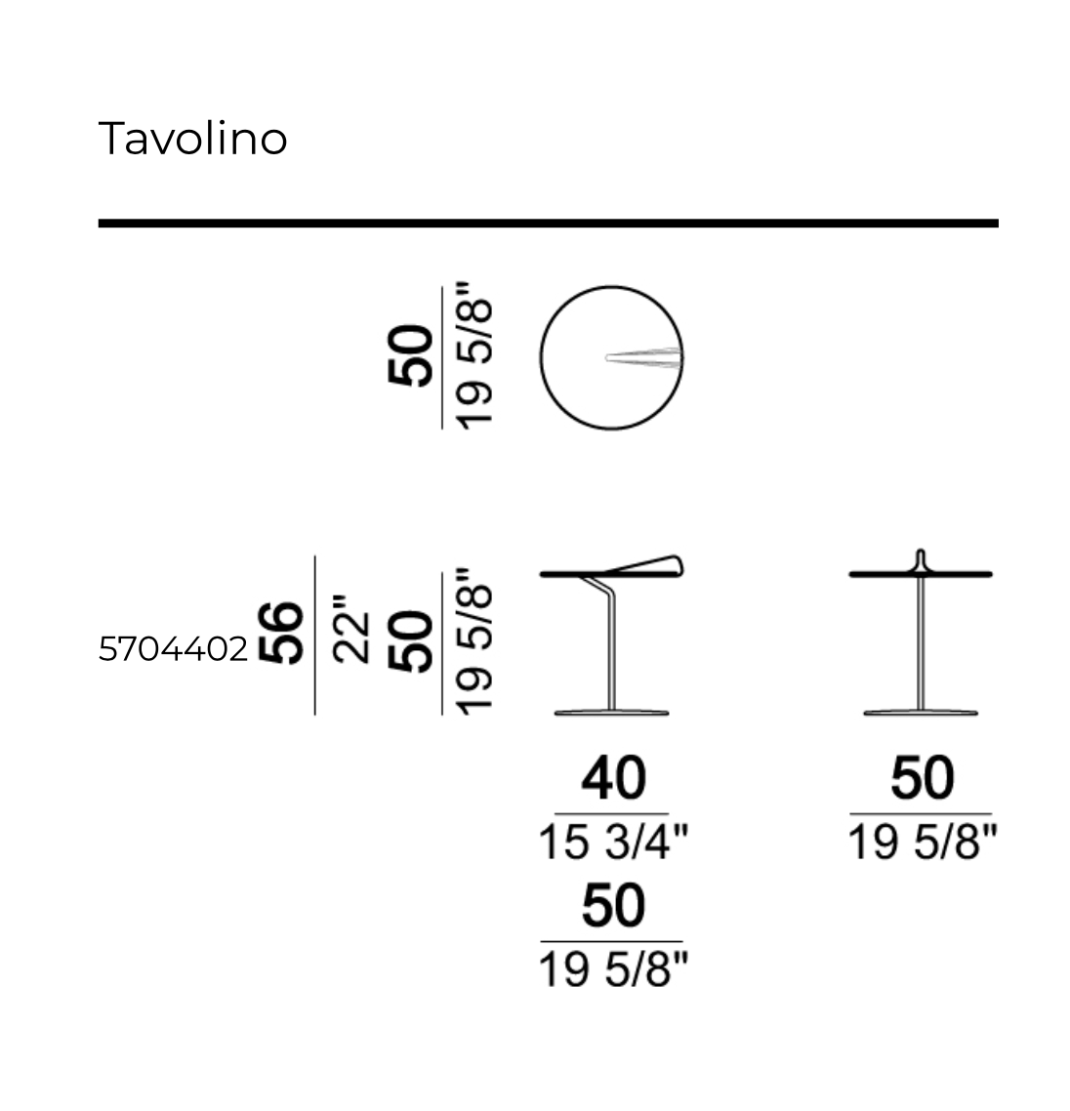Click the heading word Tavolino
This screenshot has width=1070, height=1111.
pos(192,139)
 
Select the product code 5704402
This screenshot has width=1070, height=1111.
pos(174,649)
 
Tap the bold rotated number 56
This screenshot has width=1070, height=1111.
pos(281,633)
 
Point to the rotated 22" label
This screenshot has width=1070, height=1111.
pos(351,629)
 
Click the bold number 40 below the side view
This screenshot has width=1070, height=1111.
pos(614,778)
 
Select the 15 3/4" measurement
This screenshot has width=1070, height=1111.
pos(614,842)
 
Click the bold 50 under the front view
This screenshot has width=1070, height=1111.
pos(923,778)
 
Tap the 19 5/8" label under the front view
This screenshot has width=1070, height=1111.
pos(923,842)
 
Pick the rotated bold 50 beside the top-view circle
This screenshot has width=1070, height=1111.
pos(410,355)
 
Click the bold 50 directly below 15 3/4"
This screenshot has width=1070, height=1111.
pos(614,906)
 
